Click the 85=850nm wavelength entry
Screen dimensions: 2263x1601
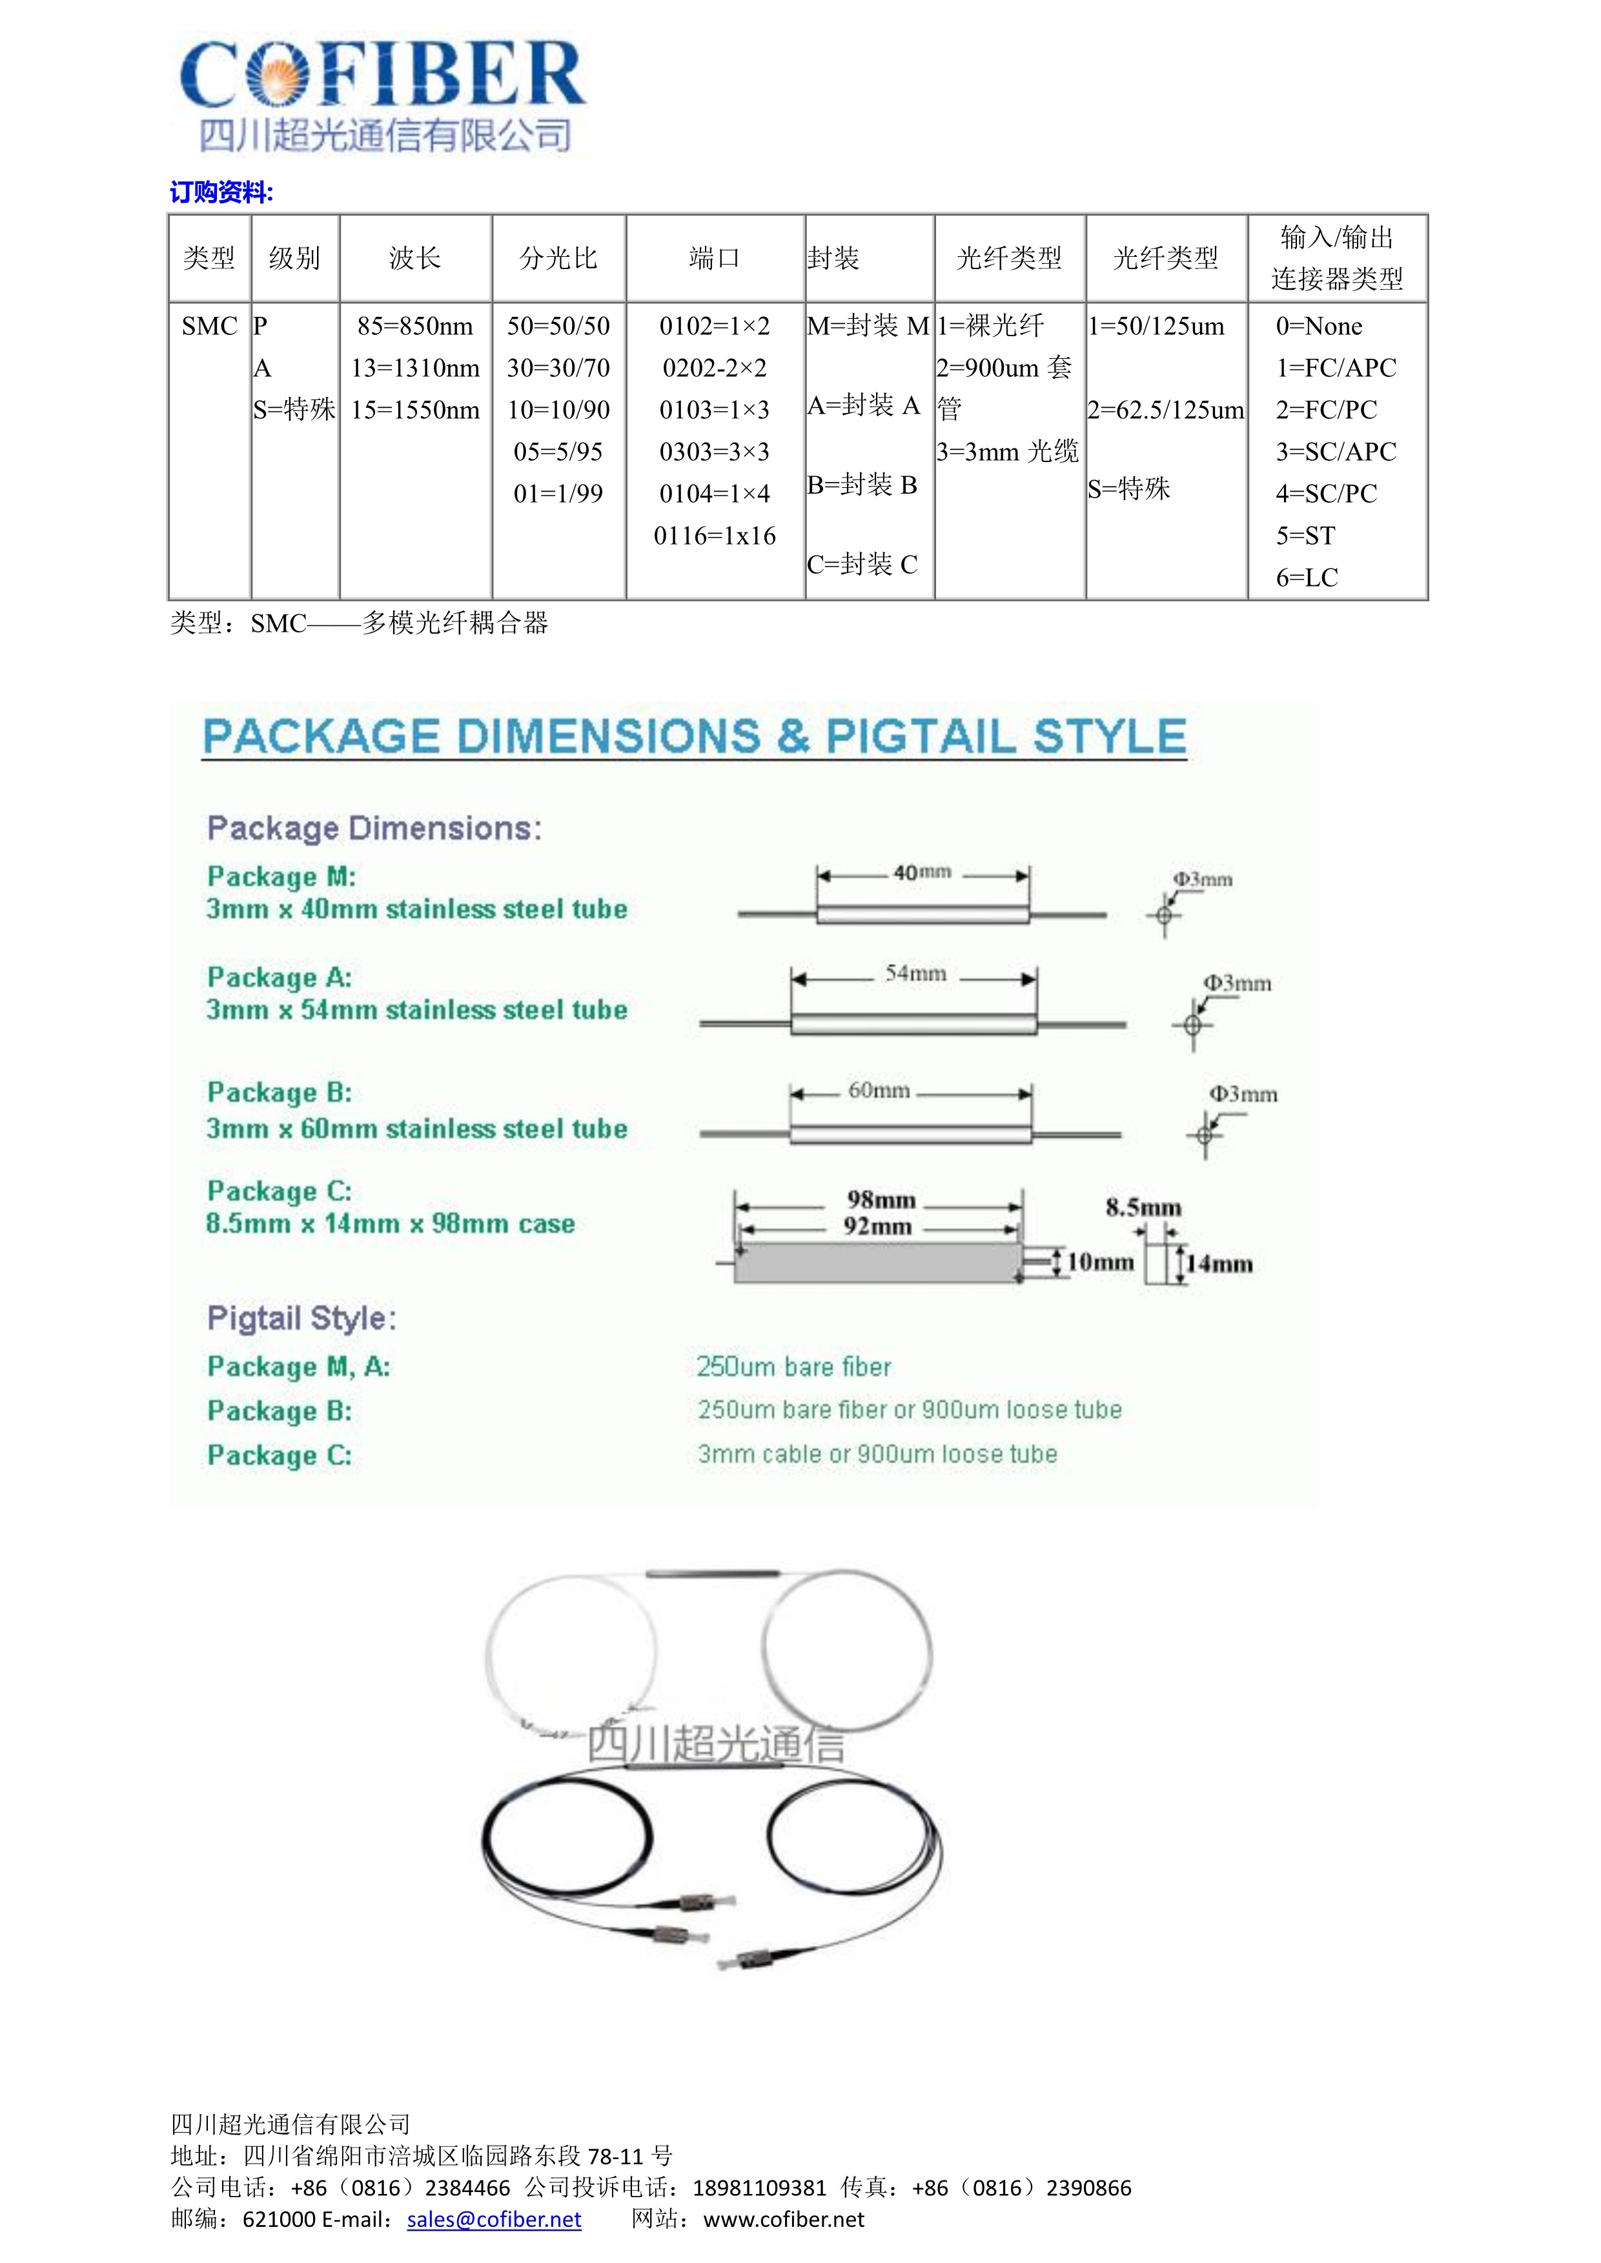coord(415,327)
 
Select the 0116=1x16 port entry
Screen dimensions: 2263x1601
coord(715,536)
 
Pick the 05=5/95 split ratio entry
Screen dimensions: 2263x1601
coord(558,452)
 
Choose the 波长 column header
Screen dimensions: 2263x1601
coord(415,258)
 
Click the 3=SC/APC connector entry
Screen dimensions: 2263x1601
coord(1336,452)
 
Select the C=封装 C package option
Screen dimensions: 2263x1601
coord(862,565)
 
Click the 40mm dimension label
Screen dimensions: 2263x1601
coord(922,872)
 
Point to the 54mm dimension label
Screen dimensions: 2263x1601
coord(915,974)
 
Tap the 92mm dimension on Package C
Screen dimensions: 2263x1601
coord(877,1227)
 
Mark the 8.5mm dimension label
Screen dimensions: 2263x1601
coord(1143,1207)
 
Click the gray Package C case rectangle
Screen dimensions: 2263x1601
coord(877,1263)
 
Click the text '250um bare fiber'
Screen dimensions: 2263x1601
coord(793,1367)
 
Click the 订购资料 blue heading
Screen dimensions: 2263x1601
coord(221,192)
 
